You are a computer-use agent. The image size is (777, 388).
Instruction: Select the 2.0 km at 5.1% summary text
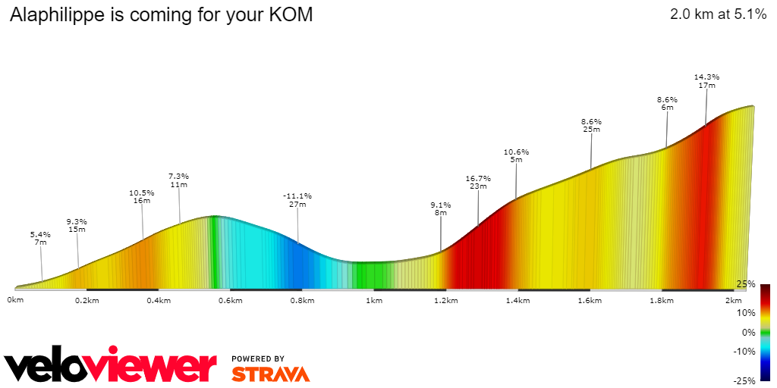tap(718, 14)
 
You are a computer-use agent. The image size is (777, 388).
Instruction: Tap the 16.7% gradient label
tap(478, 179)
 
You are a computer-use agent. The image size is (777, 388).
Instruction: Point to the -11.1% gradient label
tap(297, 196)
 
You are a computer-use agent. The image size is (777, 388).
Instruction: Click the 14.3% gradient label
tap(706, 77)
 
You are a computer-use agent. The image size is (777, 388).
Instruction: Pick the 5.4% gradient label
tap(41, 234)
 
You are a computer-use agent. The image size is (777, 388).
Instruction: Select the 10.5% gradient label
tap(142, 193)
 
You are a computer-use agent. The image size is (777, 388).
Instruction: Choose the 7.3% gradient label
tap(178, 177)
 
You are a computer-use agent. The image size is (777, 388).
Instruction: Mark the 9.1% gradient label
tap(441, 205)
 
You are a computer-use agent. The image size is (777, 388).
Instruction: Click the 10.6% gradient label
tap(516, 152)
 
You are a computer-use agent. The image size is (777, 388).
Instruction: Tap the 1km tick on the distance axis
tap(373, 301)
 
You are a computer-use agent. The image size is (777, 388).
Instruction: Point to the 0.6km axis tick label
tap(230, 301)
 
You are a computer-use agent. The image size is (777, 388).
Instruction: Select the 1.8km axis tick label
tap(661, 301)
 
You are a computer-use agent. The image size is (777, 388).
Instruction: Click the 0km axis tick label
tap(15, 301)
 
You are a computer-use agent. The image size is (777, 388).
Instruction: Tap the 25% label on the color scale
tap(745, 284)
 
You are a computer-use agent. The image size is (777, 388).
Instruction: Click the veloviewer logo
tap(110, 367)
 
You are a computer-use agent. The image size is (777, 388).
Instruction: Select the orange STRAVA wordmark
tap(270, 374)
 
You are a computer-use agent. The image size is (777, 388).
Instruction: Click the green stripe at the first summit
tap(214, 250)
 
